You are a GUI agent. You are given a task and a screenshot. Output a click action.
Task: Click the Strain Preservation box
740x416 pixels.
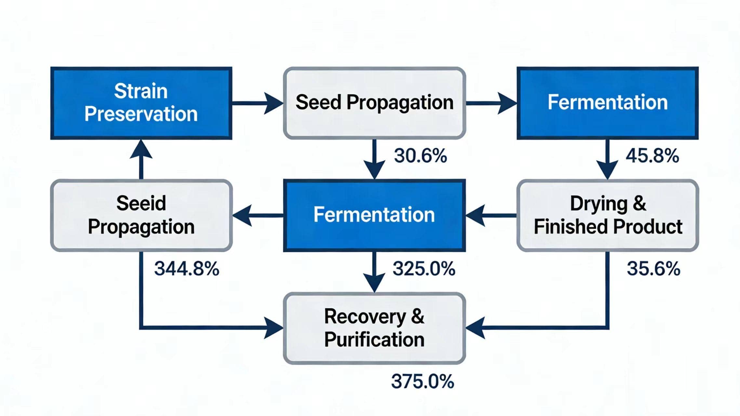[x=141, y=103]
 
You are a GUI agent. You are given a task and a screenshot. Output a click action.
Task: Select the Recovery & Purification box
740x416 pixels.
[x=374, y=328]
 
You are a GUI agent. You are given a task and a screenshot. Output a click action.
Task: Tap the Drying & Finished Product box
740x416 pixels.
[x=607, y=215]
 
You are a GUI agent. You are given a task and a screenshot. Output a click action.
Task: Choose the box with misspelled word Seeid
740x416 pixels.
[x=141, y=215]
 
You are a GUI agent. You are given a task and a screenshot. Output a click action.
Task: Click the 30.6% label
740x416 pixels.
[x=420, y=156]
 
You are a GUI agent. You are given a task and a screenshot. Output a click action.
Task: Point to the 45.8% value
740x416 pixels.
[x=652, y=156]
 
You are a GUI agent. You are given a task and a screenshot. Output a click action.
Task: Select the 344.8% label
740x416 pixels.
[x=187, y=269]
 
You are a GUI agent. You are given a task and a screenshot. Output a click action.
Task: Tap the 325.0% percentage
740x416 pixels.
[x=424, y=269]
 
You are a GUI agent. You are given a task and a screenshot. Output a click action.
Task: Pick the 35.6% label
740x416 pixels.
[x=653, y=269]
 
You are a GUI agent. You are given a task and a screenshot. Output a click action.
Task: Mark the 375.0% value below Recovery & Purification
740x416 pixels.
[x=422, y=381]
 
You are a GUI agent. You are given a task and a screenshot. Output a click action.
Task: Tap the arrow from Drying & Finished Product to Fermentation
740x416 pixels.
[x=491, y=215]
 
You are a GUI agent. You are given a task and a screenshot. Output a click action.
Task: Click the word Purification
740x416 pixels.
[x=374, y=340]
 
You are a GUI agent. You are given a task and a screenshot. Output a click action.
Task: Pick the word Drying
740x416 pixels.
[x=599, y=204]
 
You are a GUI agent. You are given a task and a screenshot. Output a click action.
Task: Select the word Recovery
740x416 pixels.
[x=365, y=316]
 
